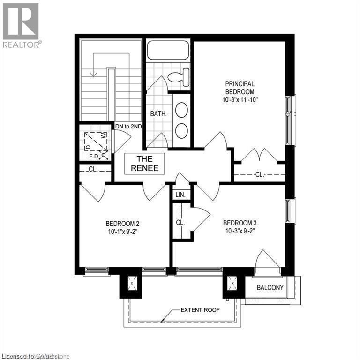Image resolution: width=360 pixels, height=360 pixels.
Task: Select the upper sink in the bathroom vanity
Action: [182, 111]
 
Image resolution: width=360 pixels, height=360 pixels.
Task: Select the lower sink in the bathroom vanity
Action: [182, 131]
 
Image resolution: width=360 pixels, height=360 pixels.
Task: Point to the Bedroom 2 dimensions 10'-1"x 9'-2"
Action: [121, 230]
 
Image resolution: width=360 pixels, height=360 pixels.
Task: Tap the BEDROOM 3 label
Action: [240, 222]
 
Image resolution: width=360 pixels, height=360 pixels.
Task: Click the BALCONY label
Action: [270, 287]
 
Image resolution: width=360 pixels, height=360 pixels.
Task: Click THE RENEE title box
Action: [144, 164]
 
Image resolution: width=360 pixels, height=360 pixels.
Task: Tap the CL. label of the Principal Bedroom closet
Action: [260, 175]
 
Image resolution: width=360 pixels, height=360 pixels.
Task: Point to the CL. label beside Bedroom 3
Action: [180, 223]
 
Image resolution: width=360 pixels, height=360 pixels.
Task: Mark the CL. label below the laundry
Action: [92, 169]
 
